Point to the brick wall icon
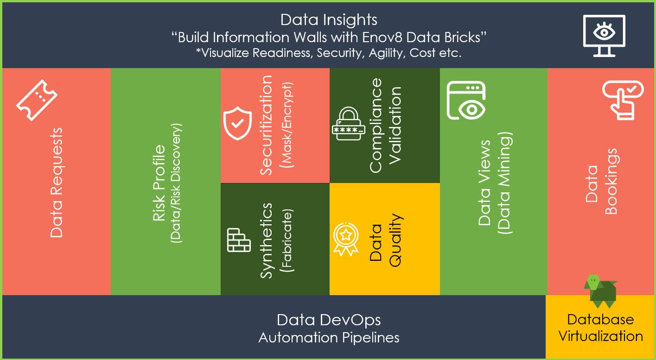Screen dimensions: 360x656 pos(239,240)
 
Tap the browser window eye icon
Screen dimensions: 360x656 pos(465,100)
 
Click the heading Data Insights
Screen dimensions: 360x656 pos(329,20)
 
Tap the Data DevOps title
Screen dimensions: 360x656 pos(329,320)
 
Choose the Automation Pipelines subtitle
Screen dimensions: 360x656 pos(329,337)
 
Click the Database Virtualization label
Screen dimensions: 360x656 pos(600,327)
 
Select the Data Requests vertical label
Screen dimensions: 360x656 pos(56,183)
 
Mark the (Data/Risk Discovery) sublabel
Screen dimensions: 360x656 pos(177,183)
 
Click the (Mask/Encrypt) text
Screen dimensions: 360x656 pos(287,125)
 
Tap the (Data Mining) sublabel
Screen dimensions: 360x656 pos(504,183)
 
